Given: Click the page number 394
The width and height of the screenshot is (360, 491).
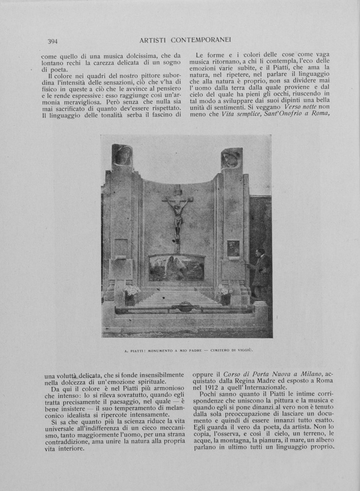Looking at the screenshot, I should [53, 41].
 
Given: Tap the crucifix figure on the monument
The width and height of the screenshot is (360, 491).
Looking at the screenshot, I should [178, 214].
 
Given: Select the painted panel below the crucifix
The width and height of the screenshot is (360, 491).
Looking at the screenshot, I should [177, 268].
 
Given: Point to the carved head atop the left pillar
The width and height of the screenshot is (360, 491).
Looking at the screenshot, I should [122, 155].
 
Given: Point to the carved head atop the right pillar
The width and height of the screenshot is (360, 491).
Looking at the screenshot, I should [231, 159].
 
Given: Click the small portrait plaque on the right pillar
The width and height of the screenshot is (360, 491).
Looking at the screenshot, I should [233, 249].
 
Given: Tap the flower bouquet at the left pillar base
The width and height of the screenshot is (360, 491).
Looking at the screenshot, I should [131, 290].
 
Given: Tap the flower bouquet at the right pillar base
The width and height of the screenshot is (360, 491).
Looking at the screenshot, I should [224, 290].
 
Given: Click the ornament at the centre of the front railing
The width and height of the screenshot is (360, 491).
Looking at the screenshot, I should [185, 308].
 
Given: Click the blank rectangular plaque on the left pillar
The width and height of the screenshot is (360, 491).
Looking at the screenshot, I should [121, 247].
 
